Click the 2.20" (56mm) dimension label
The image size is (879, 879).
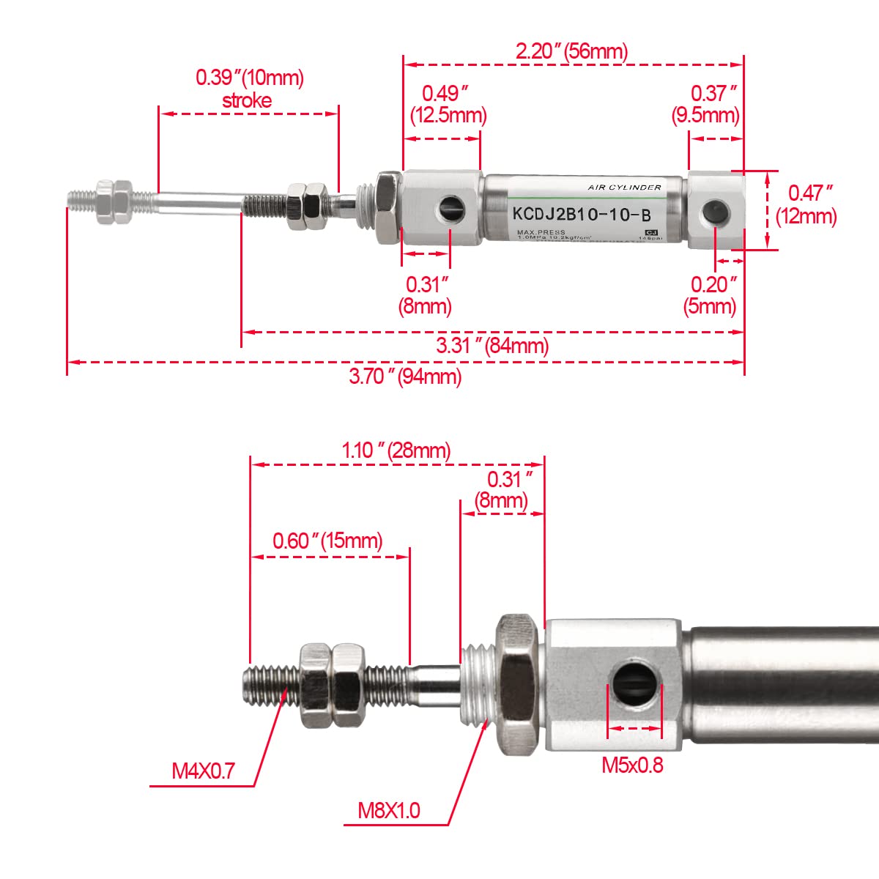point(571,51)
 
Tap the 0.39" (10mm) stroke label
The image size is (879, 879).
point(249,88)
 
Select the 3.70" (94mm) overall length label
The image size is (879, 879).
point(405,377)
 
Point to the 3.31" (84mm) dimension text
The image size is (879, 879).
point(492,345)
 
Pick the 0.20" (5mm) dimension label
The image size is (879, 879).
point(711,294)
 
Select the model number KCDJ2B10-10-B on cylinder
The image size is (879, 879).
point(581,215)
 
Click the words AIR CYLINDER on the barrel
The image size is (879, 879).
point(624,188)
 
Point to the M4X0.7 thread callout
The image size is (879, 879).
point(203,771)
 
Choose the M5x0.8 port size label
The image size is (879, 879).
point(632,765)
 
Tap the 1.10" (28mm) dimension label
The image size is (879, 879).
point(396,450)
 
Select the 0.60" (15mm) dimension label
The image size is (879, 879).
point(327,541)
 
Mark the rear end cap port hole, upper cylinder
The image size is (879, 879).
point(715,213)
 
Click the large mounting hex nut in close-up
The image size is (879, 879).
point(519,684)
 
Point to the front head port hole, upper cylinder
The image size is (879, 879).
point(450,212)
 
